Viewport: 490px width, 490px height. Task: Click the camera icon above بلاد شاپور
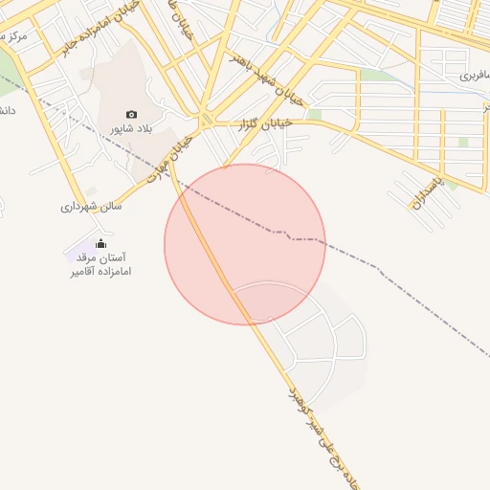pyautogui.click(x=131, y=114)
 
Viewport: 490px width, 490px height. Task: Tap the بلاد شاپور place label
pyautogui.click(x=131, y=127)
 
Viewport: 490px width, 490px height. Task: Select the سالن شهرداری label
pyautogui.click(x=92, y=206)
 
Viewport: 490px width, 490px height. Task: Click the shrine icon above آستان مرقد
pyautogui.click(x=101, y=243)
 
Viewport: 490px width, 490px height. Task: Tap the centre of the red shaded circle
pyautogui.click(x=245, y=244)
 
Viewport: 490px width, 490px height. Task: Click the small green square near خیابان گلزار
pyautogui.click(x=315, y=115)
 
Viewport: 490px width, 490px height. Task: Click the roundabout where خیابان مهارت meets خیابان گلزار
pyautogui.click(x=206, y=121)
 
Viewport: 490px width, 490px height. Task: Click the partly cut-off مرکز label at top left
pyautogui.click(x=13, y=35)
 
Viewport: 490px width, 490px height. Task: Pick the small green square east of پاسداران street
pyautogui.click(x=463, y=142)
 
